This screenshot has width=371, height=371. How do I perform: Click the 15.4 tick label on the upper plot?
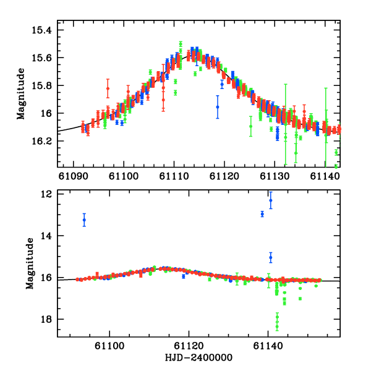[45, 30]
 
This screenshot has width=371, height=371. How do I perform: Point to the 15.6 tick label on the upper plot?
[45, 58]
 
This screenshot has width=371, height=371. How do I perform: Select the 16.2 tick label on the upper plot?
[45, 141]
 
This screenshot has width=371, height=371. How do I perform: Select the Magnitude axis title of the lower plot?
[29, 264]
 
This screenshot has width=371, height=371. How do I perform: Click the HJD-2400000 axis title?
[199, 358]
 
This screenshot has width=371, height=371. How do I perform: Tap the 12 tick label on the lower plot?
[48, 194]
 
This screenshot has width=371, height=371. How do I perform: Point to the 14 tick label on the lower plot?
[48, 236]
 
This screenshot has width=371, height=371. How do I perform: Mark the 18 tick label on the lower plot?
[48, 319]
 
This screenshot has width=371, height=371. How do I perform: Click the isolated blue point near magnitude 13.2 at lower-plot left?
[84, 220]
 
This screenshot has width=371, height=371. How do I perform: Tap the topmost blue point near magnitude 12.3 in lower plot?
[271, 200]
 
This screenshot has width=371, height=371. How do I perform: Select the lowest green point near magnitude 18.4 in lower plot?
[277, 328]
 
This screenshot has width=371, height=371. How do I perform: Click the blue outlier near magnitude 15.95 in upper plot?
[218, 107]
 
